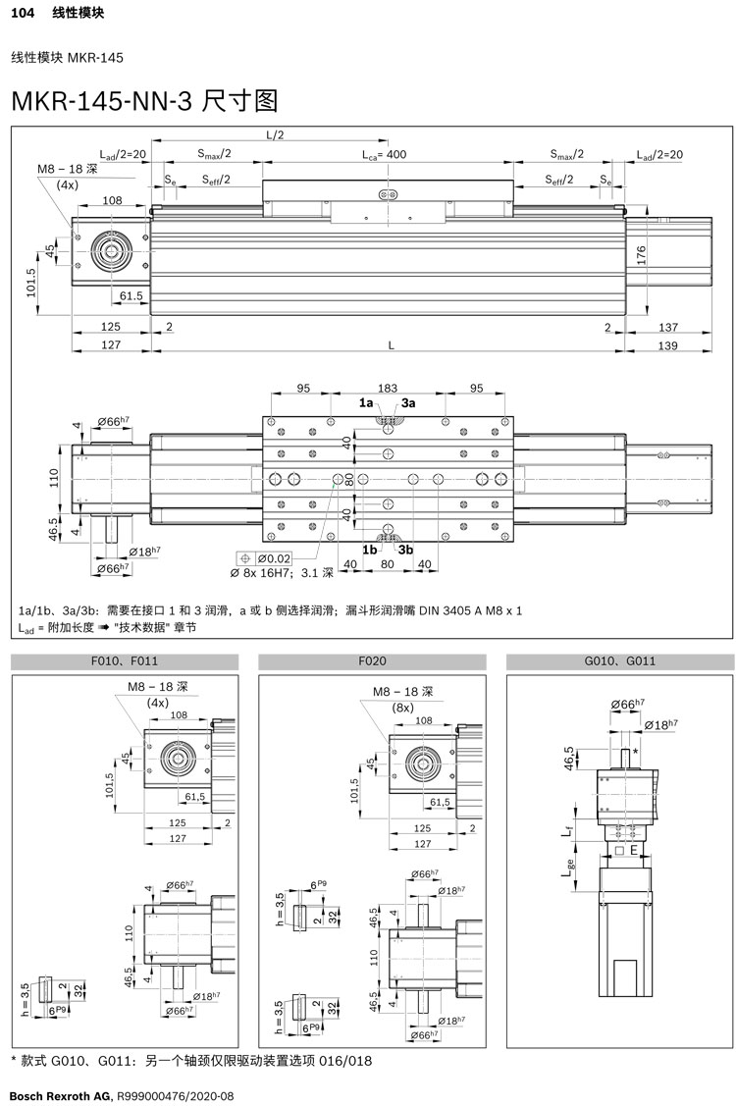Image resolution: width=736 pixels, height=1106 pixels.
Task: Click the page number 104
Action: point(23,14)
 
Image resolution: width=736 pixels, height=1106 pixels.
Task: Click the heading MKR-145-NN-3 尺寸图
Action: point(144,101)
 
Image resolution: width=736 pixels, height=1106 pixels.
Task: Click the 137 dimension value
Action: point(666,326)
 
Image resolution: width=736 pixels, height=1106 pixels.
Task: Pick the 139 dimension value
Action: point(666,345)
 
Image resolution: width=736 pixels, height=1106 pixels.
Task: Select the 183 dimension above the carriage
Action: point(388,389)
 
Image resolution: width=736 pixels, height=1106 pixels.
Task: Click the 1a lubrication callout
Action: point(366,402)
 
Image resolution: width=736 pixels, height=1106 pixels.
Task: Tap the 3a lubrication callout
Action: point(407,402)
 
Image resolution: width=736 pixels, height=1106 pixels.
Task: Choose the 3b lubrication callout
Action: point(405,551)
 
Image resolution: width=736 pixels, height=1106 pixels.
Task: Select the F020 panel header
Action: point(373,661)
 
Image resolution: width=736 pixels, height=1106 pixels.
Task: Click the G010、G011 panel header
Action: point(619,661)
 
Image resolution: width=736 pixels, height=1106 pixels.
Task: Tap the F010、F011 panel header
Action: point(125,661)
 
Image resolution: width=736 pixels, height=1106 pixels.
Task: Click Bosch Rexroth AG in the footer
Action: point(61,1094)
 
